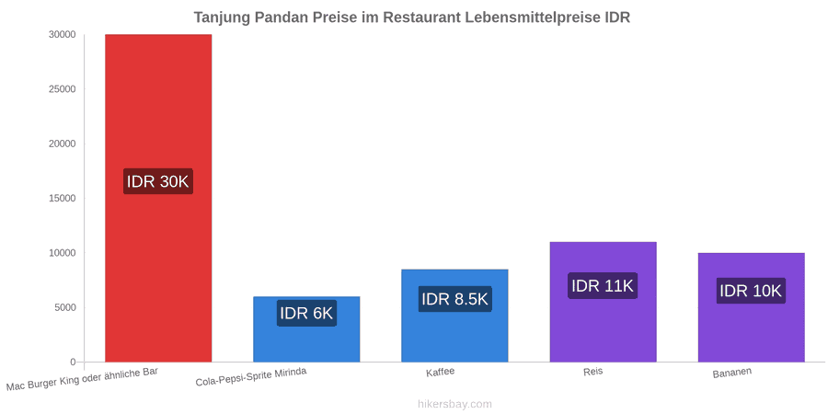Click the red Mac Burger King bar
[158, 198]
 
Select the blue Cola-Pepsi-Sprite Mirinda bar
[306, 329]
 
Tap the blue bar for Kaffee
[454, 316]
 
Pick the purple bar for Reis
[603, 302]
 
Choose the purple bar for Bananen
[752, 307]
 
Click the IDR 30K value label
[158, 181]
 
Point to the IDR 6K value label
[306, 313]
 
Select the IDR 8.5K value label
[454, 299]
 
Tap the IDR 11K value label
[603, 286]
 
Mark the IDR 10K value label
[751, 291]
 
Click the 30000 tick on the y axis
[63, 35]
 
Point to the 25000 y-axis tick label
[63, 89]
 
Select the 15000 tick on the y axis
[63, 199]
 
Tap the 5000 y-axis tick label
[65, 308]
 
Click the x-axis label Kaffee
[441, 373]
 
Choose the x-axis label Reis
[593, 372]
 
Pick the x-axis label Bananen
[732, 373]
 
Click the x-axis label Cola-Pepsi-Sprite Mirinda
[251, 377]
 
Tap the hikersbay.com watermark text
[454, 405]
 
